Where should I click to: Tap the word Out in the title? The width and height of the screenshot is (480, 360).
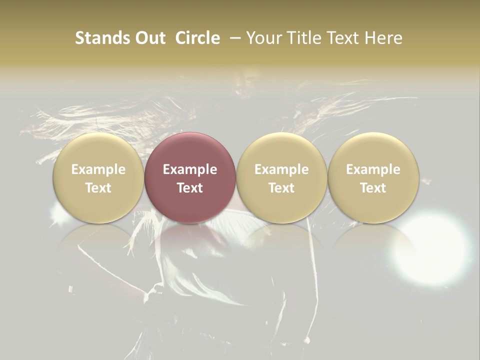click(148, 38)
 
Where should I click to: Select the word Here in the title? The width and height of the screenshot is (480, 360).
click(383, 38)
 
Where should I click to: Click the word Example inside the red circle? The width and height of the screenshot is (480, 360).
click(190, 169)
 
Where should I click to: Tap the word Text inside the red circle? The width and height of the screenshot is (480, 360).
click(190, 188)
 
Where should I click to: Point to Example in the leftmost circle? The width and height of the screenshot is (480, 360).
click(98, 169)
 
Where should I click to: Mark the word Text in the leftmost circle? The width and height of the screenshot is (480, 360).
click(98, 188)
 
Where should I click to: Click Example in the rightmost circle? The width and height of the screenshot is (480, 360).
click(373, 169)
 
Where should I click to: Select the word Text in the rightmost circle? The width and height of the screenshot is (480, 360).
click(373, 188)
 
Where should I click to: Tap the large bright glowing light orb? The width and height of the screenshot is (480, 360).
click(431, 248)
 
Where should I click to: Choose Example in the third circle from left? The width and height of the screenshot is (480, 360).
click(281, 169)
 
